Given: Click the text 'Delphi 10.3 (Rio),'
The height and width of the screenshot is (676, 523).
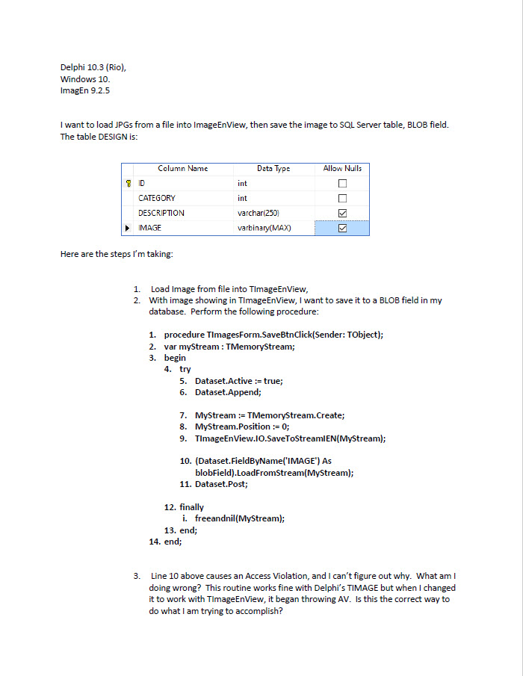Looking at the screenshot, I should [93, 67].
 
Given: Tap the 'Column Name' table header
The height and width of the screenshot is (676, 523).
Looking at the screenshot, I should [182, 169].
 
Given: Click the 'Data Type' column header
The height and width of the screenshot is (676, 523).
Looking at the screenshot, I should [273, 169].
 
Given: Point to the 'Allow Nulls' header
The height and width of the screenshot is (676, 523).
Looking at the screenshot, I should [342, 169].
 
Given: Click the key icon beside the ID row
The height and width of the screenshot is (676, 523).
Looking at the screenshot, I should [129, 183].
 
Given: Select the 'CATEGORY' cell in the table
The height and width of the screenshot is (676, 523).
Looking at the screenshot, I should [157, 198].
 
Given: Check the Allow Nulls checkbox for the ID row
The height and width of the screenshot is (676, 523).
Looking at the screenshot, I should [343, 183].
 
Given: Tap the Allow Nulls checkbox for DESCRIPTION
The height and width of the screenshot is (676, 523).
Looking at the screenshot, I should [343, 213].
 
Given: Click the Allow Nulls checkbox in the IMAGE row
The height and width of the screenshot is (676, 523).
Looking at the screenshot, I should [343, 228].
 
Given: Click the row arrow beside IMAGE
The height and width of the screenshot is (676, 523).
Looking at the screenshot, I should [129, 228].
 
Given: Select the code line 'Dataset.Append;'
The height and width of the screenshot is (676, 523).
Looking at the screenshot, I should [229, 392].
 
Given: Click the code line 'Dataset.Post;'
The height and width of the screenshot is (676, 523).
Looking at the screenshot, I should [222, 484].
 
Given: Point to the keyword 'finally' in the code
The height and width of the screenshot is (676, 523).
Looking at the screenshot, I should [191, 507].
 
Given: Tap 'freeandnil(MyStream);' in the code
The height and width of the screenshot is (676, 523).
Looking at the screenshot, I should [240, 518].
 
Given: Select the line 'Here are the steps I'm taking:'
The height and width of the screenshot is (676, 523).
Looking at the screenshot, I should [117, 254].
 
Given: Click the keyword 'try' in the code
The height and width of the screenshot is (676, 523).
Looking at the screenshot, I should [185, 369].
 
